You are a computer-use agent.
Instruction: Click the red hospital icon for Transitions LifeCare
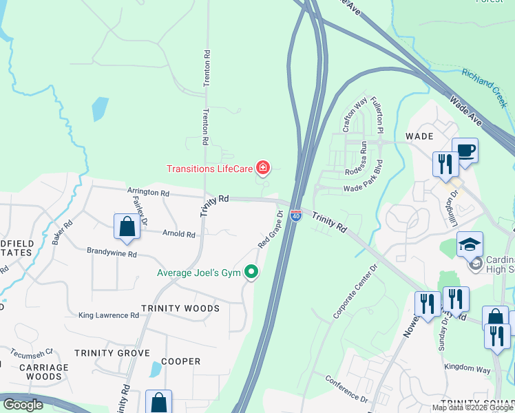pos(262,167)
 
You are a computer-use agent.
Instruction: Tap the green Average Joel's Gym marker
pos(251,273)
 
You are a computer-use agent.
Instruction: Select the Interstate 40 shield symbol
pos(295,215)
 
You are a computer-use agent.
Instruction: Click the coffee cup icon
pos(465,150)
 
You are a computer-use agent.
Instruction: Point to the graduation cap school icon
pos(470,244)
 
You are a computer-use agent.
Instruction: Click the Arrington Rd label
pos(148,193)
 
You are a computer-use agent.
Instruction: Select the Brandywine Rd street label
pos(112,253)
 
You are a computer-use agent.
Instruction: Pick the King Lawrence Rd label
pos(109,315)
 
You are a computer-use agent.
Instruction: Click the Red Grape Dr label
pos(271,229)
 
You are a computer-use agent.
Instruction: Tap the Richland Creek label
pos(485,88)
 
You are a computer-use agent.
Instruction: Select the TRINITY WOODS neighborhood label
pos(180,308)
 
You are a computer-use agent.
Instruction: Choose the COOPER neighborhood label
pos(180,361)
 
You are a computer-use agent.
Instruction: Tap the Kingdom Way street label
pos(467,370)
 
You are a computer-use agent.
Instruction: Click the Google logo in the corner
pos(23,405)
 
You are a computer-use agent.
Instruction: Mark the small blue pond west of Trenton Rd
pos(100,108)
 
